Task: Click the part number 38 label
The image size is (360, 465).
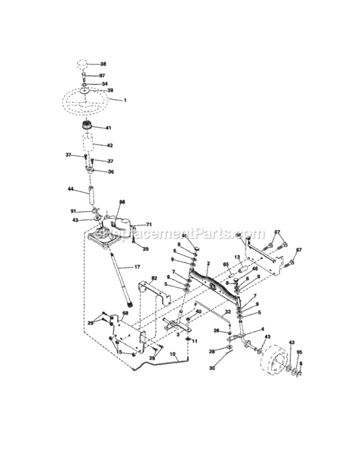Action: point(103,64)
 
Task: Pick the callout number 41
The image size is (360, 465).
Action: point(108,128)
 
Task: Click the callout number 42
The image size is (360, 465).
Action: point(109,146)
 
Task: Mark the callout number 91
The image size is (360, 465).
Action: point(73,211)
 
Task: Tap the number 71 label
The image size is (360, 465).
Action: point(149,224)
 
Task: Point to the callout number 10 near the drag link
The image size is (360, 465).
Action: point(174,355)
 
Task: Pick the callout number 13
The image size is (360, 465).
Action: point(237,257)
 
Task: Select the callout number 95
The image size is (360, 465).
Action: point(300,354)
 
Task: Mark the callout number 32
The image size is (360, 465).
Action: point(228,311)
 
